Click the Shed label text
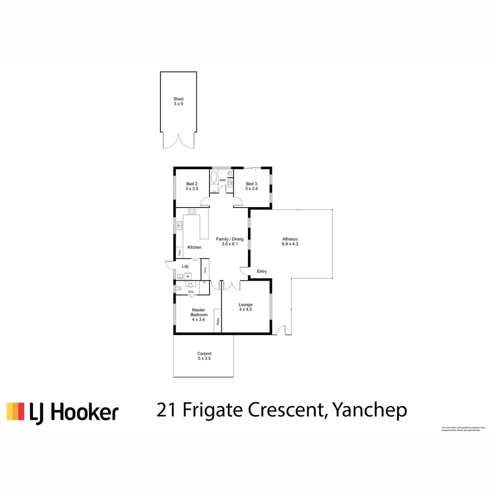[x=178, y=99]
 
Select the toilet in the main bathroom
[x=230, y=174]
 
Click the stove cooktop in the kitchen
[x=192, y=212]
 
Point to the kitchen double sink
[x=180, y=225]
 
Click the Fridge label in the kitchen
[x=180, y=252]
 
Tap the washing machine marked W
[x=187, y=276]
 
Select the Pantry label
[x=205, y=270]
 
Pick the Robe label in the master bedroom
[x=218, y=322]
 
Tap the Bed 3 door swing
[x=239, y=201]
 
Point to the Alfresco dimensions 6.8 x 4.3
[x=290, y=244]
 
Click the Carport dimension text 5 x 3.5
[x=204, y=358]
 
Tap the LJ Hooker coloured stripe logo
[x=15, y=411]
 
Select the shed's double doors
[x=179, y=141]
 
